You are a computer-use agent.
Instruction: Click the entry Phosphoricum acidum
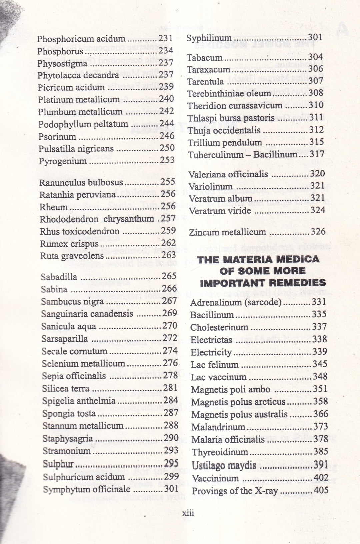pyautogui.click(x=81, y=39)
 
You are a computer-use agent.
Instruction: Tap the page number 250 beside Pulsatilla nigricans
pyautogui.click(x=167, y=148)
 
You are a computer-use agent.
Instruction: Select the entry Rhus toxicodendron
pyautogui.click(x=79, y=231)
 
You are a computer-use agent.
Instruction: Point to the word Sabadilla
pyautogui.click(x=59, y=277)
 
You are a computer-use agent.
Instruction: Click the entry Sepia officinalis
pyautogui.click(x=74, y=376)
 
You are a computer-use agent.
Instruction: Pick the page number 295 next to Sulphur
pyautogui.click(x=171, y=463)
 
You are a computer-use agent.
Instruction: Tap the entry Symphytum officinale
pyautogui.click(x=86, y=489)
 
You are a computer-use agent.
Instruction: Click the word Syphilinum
pyautogui.click(x=209, y=38)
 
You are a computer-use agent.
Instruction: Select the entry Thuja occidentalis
pyautogui.click(x=224, y=130)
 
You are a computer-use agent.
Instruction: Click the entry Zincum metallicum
pyautogui.click(x=227, y=232)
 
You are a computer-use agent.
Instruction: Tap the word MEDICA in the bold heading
pyautogui.click(x=298, y=259)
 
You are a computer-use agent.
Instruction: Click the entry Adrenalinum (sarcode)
pyautogui.click(x=236, y=303)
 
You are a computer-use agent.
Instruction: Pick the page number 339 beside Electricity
pyautogui.click(x=320, y=351)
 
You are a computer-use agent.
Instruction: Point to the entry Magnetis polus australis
pyautogui.click(x=239, y=415)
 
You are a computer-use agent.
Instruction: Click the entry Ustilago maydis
pyautogui.click(x=224, y=465)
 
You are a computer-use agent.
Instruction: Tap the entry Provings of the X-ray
pyautogui.click(x=235, y=491)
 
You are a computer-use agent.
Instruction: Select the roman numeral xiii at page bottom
pyautogui.click(x=188, y=513)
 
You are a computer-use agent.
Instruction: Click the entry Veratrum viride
pyautogui.click(x=220, y=211)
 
